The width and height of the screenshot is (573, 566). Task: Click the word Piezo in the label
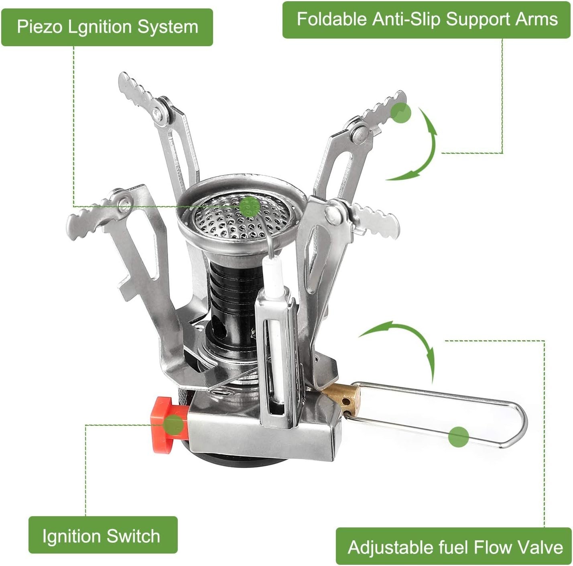(40, 27)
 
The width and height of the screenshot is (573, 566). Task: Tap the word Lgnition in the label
(100, 27)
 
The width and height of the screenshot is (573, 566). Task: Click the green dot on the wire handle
(459, 437)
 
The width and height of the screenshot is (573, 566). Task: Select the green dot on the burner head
(250, 206)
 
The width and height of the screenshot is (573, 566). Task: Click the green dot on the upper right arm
(400, 113)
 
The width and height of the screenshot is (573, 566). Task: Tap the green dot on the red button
(174, 425)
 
